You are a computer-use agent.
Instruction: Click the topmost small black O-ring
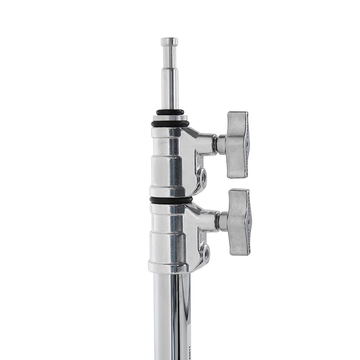coord(170,112)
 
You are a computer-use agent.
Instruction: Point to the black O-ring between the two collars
coord(171,200)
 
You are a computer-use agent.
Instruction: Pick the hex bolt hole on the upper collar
coord(204,177)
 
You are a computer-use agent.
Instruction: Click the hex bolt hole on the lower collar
coord(206,254)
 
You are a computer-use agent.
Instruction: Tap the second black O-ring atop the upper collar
coord(170,123)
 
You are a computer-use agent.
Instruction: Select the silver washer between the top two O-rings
coord(170,118)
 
